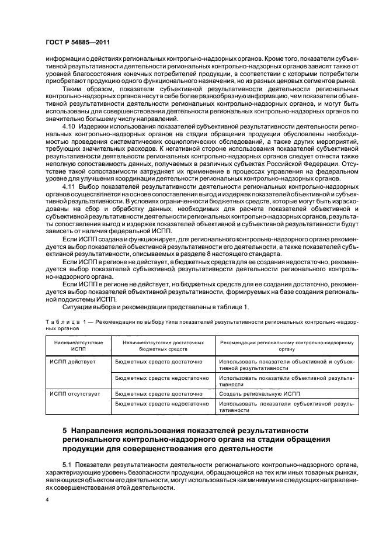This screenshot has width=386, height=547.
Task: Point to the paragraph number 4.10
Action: tap(69, 126)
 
